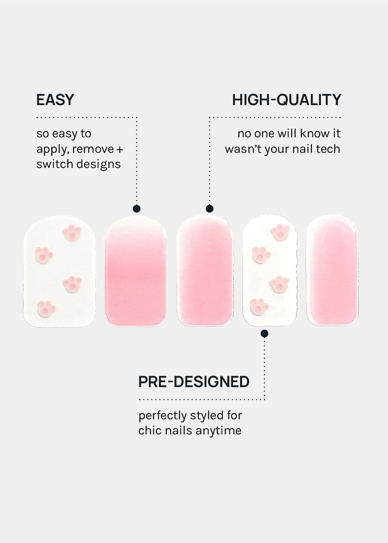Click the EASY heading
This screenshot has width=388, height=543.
pyautogui.click(x=55, y=100)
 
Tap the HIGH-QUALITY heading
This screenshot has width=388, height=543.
pyautogui.click(x=287, y=100)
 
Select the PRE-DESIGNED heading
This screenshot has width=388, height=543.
pyautogui.click(x=194, y=382)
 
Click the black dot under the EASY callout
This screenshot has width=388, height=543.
pyautogui.click(x=136, y=208)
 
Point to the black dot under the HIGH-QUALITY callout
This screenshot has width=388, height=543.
pyautogui.click(x=210, y=208)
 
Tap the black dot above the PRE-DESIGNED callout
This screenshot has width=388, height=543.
pyautogui.click(x=264, y=334)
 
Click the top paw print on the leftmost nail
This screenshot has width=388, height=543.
pyautogui.click(x=72, y=233)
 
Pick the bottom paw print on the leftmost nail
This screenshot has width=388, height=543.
pyautogui.click(x=46, y=308)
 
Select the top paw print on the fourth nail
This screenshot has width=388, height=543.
pyautogui.click(x=280, y=232)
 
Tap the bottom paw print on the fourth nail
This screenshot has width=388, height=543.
pyautogui.click(x=259, y=306)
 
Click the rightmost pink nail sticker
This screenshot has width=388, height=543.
pyautogui.click(x=332, y=270)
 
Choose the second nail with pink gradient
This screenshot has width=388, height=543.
pyautogui.click(x=135, y=271)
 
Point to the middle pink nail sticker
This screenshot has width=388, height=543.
pyautogui.click(x=205, y=271)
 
